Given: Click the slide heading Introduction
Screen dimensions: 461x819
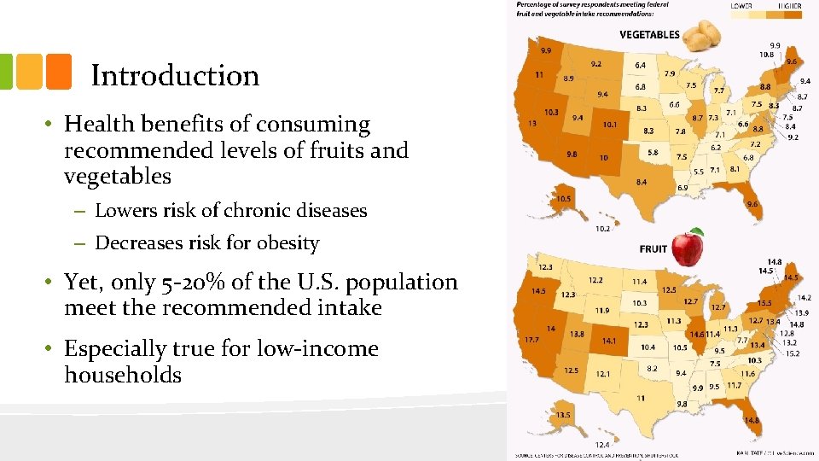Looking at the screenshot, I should tap(175, 76).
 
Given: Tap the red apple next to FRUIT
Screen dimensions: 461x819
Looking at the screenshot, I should tap(688, 248).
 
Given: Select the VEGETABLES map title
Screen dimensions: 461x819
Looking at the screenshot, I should tap(649, 35).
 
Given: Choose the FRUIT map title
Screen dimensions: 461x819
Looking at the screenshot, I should tap(653, 249).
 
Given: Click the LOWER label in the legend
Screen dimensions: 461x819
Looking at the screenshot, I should tap(741, 6).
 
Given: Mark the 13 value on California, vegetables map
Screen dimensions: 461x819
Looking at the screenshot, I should tap(533, 124).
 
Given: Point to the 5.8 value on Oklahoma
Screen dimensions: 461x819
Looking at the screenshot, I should tap(653, 152).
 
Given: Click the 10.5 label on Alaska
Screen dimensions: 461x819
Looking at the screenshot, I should tap(562, 199).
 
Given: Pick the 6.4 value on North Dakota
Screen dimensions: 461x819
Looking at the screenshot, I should tap(640, 65).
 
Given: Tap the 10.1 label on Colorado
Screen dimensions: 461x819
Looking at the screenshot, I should tap(609, 125).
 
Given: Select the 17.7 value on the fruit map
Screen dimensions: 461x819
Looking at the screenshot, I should tap(532, 340).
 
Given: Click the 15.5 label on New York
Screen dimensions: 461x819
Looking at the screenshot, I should tap(764, 303).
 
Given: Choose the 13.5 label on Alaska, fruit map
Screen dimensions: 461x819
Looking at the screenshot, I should tap(563, 415).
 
